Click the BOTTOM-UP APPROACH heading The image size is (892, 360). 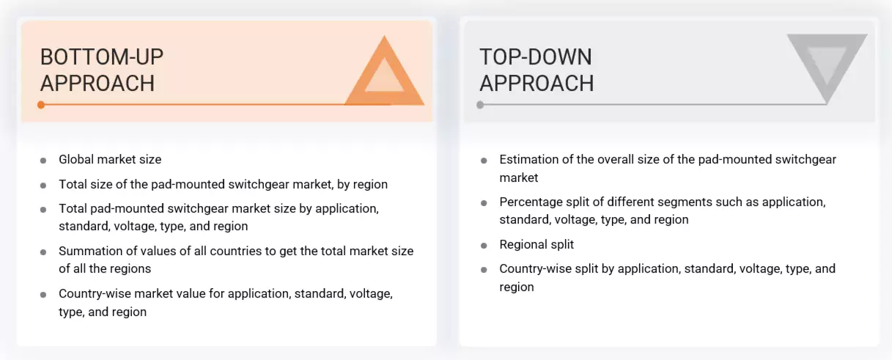[102, 70]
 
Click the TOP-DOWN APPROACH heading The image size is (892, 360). [537, 70]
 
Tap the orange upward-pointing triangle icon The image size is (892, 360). [384, 74]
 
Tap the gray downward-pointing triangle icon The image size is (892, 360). [827, 65]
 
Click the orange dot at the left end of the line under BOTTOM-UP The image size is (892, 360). [41, 105]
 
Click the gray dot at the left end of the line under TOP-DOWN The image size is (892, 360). [480, 105]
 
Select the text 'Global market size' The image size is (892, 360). [110, 159]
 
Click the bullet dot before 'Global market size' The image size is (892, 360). [43, 160]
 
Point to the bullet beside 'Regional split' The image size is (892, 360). [484, 245]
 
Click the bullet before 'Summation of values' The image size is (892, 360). [43, 251]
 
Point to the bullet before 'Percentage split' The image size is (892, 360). [484, 202]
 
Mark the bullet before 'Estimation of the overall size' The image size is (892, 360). [484, 160]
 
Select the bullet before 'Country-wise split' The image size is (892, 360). [484, 270]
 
